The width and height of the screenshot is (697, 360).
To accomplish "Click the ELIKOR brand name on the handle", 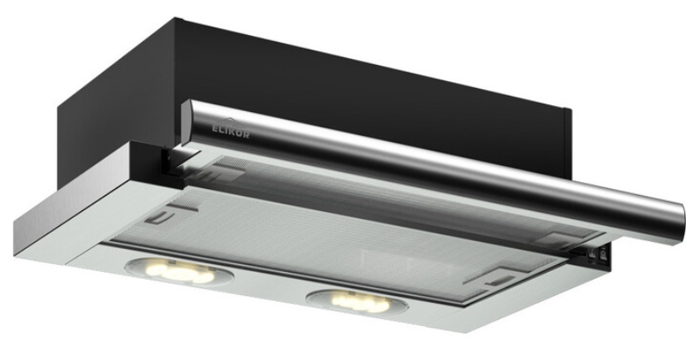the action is (230, 132).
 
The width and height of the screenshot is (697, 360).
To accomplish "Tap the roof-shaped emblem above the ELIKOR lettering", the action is (227, 121).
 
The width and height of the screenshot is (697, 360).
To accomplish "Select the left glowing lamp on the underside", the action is (180, 271).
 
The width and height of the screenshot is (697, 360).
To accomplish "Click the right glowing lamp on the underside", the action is (357, 303).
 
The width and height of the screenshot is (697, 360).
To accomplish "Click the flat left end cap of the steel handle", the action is (186, 122).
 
